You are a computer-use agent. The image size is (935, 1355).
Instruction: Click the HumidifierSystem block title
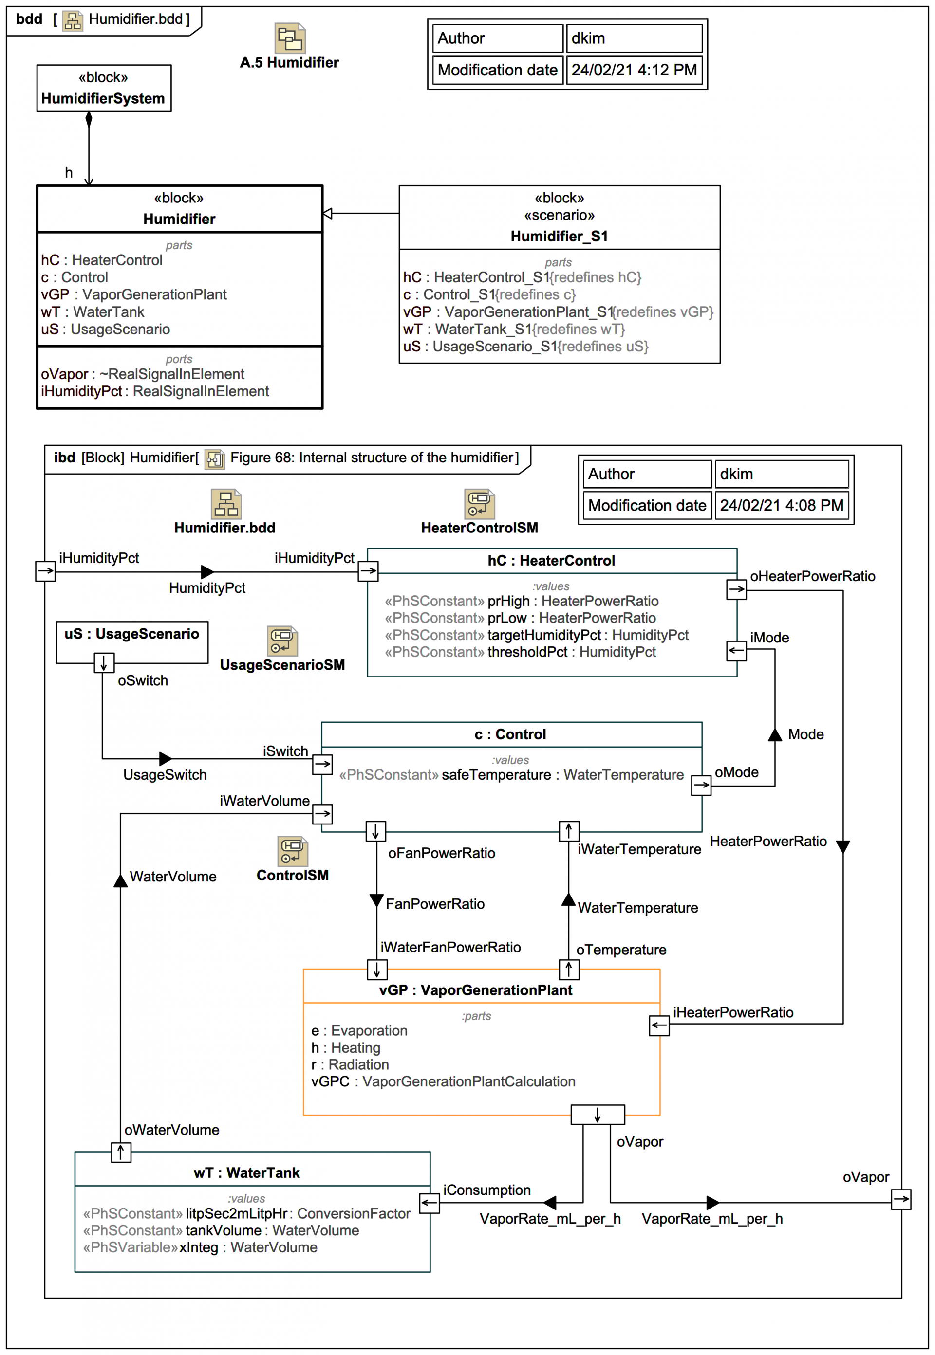[x=103, y=98]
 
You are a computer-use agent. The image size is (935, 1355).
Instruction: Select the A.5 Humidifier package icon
[x=290, y=38]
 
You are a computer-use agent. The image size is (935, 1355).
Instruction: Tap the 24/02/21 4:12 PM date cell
[x=634, y=70]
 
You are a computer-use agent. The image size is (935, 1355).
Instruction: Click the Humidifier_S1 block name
[x=559, y=236]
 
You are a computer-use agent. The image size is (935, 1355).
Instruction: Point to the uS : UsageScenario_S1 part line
[x=525, y=347]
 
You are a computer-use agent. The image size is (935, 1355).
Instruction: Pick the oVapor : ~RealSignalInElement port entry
[x=142, y=374]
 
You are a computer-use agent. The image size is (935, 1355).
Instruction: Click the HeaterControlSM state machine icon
[x=479, y=504]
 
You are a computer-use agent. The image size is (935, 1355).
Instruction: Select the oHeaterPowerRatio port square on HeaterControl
[x=736, y=589]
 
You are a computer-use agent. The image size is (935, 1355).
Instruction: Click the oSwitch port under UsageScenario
[x=104, y=663]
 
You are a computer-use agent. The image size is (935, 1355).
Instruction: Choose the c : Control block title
[x=510, y=734]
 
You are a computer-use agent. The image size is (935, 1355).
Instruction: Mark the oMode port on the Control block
[x=701, y=785]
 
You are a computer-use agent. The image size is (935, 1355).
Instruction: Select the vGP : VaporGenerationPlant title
[x=475, y=990]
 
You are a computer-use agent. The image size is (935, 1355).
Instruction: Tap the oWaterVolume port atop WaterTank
[x=121, y=1153]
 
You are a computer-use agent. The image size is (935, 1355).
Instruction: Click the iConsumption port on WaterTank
[x=430, y=1203]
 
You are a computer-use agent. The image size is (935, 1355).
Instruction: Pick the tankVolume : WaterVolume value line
[x=221, y=1230]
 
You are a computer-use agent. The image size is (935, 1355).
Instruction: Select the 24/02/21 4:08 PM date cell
[x=781, y=505]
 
